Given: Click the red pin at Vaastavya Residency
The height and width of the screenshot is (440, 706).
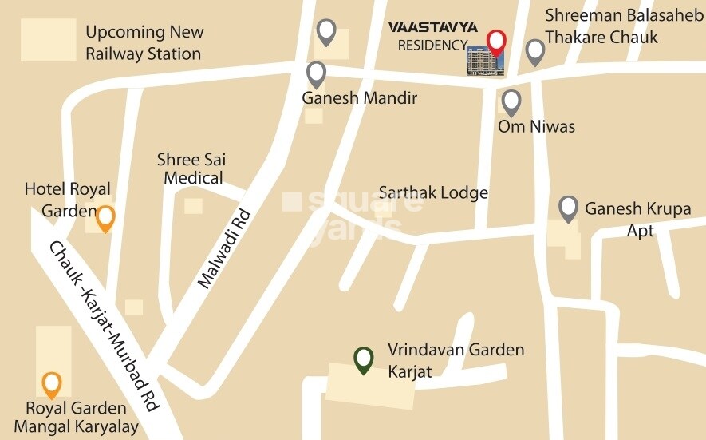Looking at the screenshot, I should click(496, 41).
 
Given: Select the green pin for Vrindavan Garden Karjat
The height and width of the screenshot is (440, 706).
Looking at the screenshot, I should click(364, 359).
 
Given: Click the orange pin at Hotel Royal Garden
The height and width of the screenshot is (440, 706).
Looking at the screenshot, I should click(105, 217).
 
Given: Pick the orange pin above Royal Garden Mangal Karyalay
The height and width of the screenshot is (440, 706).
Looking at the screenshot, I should click(52, 384).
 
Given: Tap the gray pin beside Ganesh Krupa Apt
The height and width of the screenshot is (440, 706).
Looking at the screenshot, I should click(568, 208).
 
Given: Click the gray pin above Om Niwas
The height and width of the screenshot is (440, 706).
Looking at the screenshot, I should click(511, 101).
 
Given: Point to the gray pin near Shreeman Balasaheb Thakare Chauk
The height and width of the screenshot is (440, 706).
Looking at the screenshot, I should click(534, 52).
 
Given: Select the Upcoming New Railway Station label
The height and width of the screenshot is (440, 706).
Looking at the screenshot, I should click(144, 43).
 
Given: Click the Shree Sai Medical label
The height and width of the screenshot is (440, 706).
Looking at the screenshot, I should click(192, 168).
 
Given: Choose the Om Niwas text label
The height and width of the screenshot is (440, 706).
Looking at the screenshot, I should click(536, 126).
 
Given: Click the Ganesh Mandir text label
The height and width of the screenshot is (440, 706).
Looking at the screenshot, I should click(359, 98).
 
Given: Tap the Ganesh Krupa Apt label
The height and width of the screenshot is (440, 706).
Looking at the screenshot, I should click(638, 219).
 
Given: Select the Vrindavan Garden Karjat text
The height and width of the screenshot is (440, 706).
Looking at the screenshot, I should click(456, 360).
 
